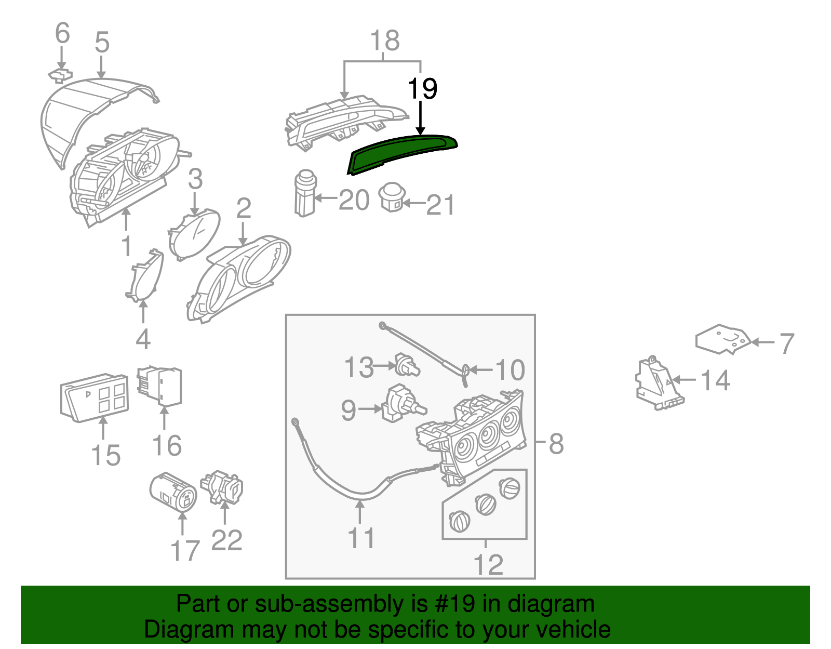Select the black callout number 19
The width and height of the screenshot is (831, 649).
(422, 89)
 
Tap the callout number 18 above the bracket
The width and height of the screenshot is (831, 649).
(385, 41)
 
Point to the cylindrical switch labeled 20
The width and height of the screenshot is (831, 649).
(304, 193)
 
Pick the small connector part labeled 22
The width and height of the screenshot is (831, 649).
(222, 486)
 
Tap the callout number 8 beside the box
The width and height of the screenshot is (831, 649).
(556, 444)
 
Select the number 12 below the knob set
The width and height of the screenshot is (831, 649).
(488, 564)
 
